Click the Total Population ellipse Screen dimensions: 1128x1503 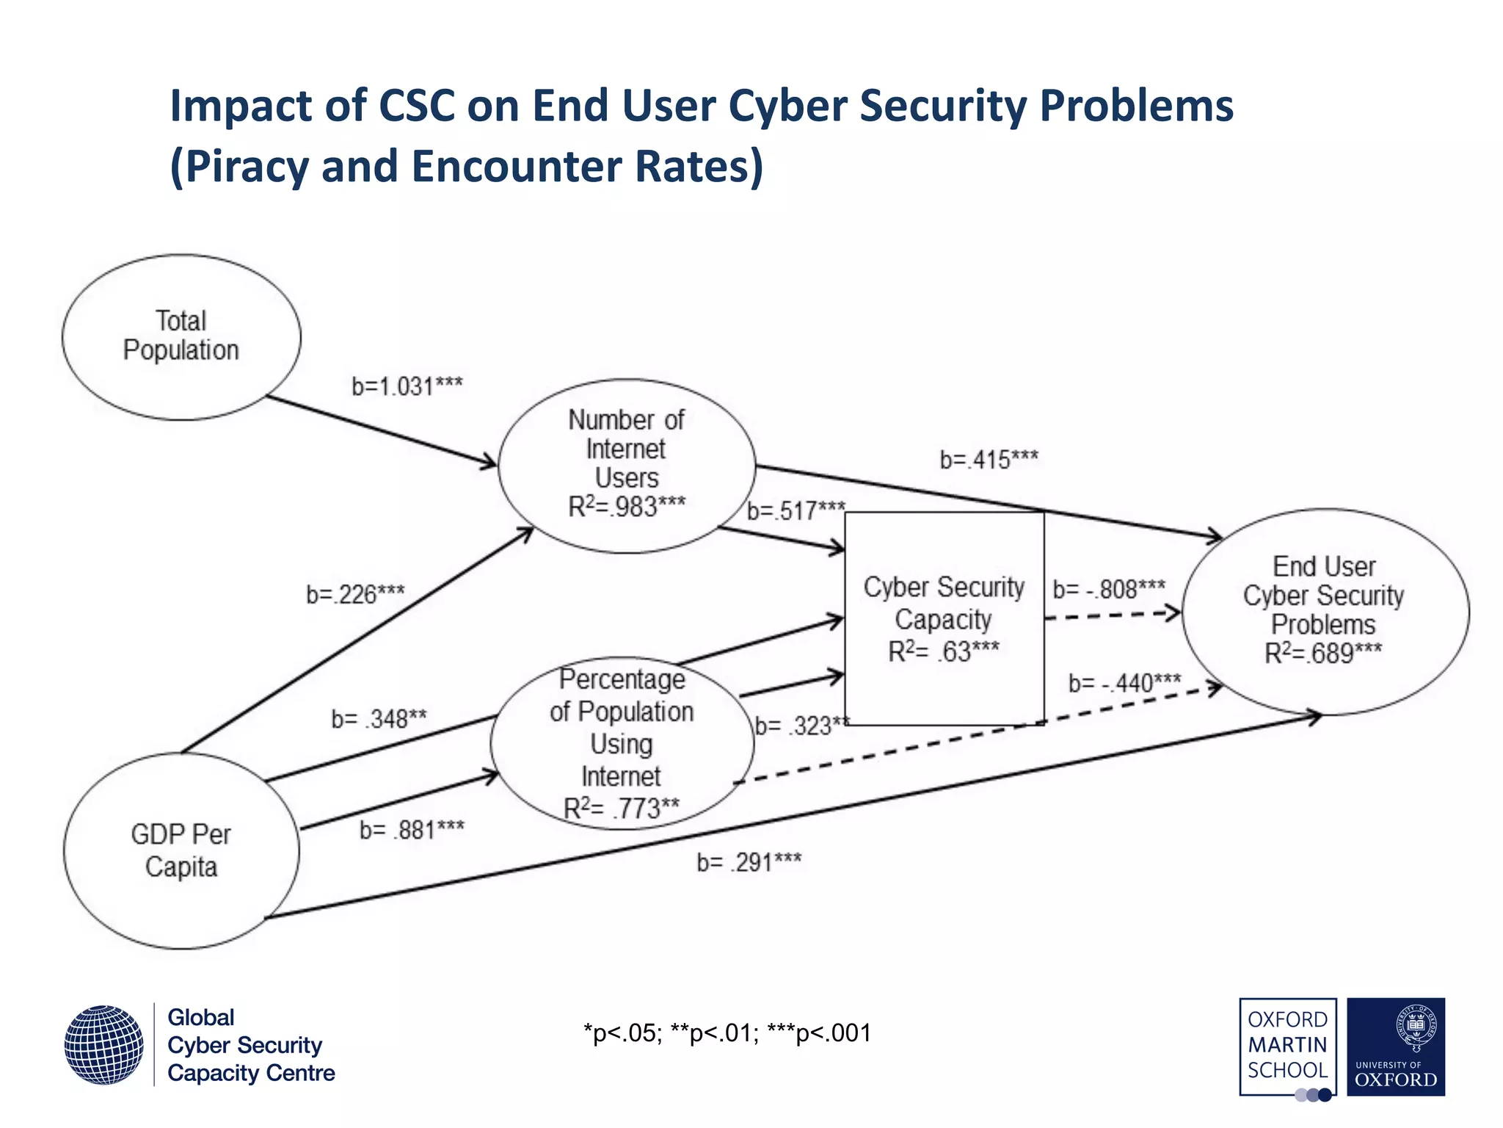181,337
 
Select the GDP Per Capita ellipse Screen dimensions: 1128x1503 181,850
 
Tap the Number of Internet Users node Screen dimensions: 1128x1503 626,465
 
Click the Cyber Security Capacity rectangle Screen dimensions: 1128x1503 944,618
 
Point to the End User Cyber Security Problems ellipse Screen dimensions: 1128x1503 1325,611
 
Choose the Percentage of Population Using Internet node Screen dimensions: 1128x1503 622,743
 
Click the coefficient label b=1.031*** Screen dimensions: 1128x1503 407,386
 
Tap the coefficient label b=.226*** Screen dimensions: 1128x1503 355,594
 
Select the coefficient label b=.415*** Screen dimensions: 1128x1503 989,460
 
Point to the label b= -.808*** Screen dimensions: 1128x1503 1108,589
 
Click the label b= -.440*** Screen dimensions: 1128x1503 1124,684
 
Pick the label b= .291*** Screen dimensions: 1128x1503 749,862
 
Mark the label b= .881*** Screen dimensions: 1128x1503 412,830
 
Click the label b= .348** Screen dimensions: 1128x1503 379,719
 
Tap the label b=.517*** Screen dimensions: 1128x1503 796,510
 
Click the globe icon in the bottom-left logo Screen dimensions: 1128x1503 103,1044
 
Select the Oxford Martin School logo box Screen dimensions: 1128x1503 1287,1046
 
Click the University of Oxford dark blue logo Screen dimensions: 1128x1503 1396,1046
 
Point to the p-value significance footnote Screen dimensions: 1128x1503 727,1033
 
